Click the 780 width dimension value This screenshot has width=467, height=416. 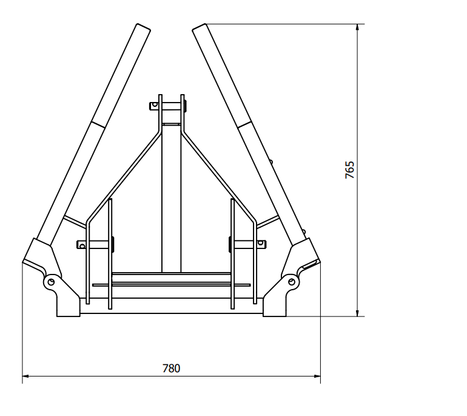(171, 369)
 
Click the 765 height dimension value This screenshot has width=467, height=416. (350, 170)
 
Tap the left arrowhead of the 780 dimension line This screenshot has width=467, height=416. (25, 377)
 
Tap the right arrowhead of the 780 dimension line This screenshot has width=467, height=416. (317, 377)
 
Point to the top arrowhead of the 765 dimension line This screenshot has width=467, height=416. (357, 27)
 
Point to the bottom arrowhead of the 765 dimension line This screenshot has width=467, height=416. (357, 313)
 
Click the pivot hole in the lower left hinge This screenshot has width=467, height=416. (51, 282)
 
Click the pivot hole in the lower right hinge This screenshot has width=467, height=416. (292, 282)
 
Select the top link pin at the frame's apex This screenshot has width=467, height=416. (168, 106)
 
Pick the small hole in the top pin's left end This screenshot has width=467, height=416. (155, 104)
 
